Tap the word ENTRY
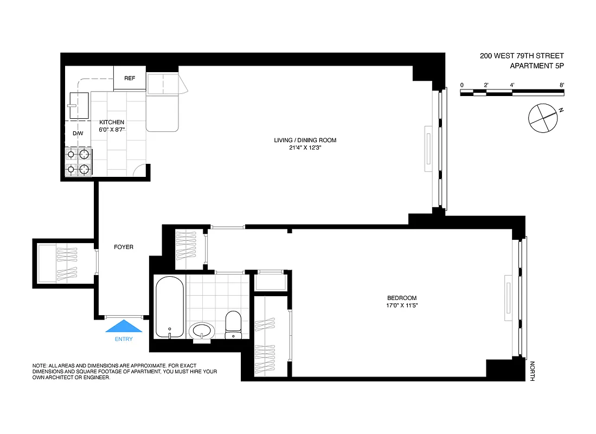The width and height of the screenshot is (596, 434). (123, 339)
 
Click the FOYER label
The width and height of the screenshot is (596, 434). (123, 247)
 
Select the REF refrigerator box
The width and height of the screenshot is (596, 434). (130, 78)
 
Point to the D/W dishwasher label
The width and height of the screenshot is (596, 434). (78, 133)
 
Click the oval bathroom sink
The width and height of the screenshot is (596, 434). (202, 330)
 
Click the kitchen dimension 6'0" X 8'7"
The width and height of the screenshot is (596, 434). (112, 130)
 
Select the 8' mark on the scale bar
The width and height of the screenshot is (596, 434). (562, 85)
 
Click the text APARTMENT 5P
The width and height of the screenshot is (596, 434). (537, 66)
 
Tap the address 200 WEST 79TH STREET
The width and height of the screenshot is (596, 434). (522, 56)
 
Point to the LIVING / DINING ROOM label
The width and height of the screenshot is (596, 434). (305, 141)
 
